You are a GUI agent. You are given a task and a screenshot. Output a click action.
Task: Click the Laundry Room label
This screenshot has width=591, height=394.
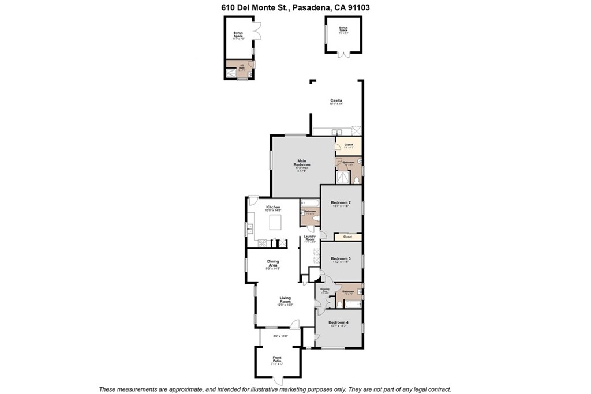309,239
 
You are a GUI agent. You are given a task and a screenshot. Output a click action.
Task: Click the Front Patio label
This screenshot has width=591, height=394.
278,361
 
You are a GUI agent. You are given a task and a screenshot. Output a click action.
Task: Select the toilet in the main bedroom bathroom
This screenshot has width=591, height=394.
357,179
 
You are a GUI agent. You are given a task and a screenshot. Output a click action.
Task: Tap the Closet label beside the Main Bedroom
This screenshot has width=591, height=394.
348,145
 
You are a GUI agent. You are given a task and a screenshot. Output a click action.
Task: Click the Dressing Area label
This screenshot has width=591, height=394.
324,290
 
